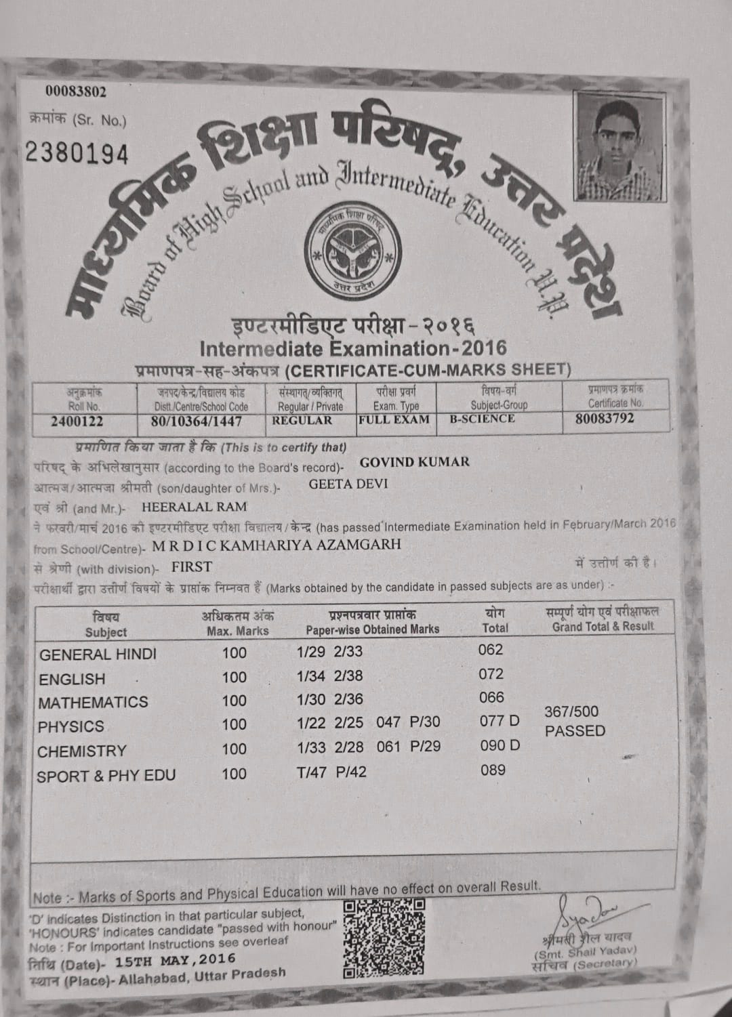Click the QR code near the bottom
click(x=384, y=938)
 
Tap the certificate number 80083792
click(x=605, y=418)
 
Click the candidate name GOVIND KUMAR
click(x=414, y=462)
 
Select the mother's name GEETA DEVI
click(x=348, y=484)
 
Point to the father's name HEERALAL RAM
click(x=194, y=507)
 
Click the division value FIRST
click(x=192, y=567)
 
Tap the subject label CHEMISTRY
click(x=82, y=751)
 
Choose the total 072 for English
click(x=491, y=674)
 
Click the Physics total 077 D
click(x=500, y=721)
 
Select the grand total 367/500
click(x=571, y=711)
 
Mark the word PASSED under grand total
click(x=575, y=731)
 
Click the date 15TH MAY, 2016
click(x=176, y=960)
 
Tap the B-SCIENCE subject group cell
click(x=482, y=419)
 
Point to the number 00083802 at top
click(x=76, y=91)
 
